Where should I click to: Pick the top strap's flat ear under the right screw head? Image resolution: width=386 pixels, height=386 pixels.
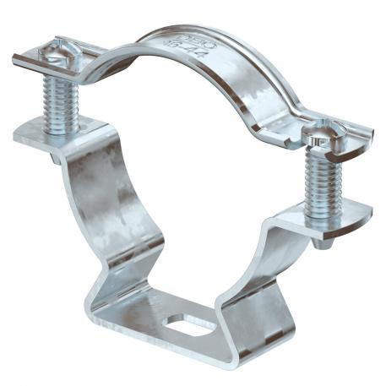click(x=351, y=150)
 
